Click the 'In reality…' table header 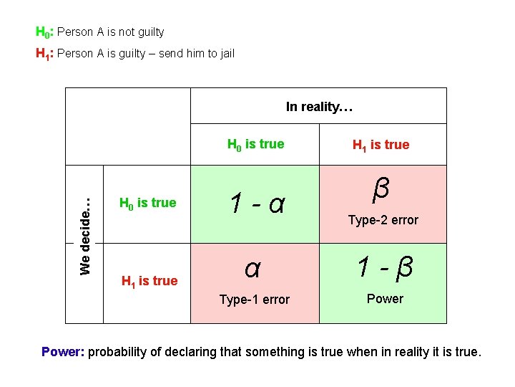click(319, 107)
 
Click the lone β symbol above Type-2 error click(381, 189)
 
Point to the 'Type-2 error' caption click(383, 220)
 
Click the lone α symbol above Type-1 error click(252, 268)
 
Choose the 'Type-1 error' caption click(255, 300)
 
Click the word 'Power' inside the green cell click(385, 299)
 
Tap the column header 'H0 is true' click(255, 145)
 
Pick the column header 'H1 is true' click(381, 145)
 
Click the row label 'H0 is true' click(147, 204)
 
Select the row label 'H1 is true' click(149, 281)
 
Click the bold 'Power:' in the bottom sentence click(63, 352)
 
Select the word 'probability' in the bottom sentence click(117, 352)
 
